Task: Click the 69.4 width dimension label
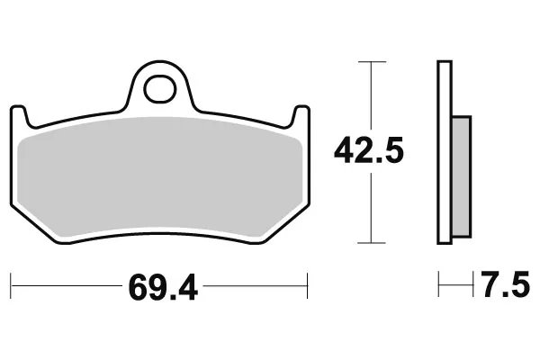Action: click(163, 287)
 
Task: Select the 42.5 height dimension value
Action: click(368, 150)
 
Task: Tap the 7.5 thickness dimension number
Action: click(505, 284)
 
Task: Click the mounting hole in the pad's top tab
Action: click(160, 89)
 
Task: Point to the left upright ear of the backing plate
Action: click(19, 115)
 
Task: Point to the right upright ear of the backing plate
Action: click(301, 115)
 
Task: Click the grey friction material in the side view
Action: click(461, 176)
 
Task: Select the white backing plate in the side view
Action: click(445, 152)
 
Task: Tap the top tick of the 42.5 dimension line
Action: click(372, 62)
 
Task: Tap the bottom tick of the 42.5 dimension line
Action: click(371, 243)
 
